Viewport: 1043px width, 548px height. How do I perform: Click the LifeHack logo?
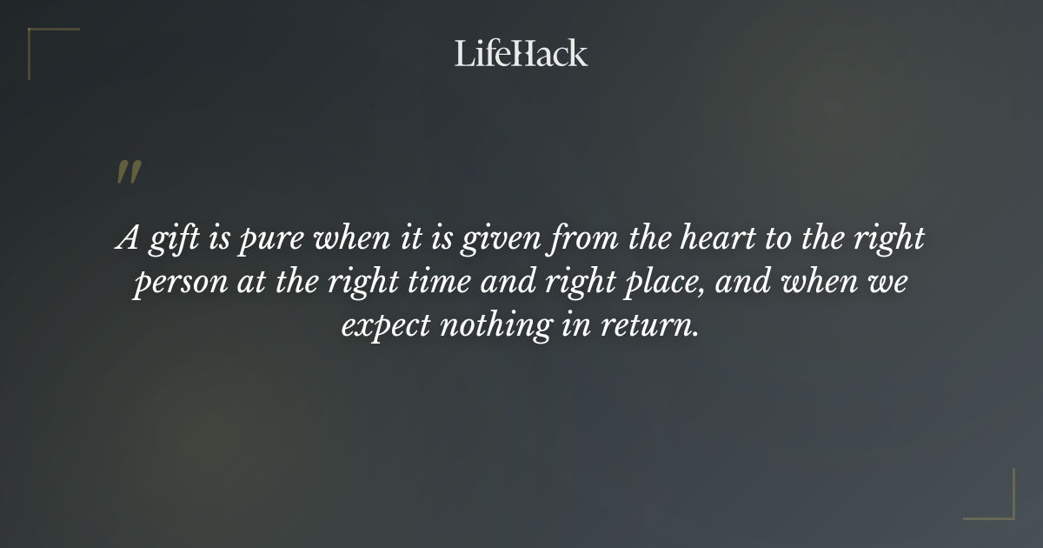521,53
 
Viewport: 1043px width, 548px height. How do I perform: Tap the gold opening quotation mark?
128,172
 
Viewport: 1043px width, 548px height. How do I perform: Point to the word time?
453,282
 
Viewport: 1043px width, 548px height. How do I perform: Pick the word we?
888,284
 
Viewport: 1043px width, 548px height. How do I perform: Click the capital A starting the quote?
128,238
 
